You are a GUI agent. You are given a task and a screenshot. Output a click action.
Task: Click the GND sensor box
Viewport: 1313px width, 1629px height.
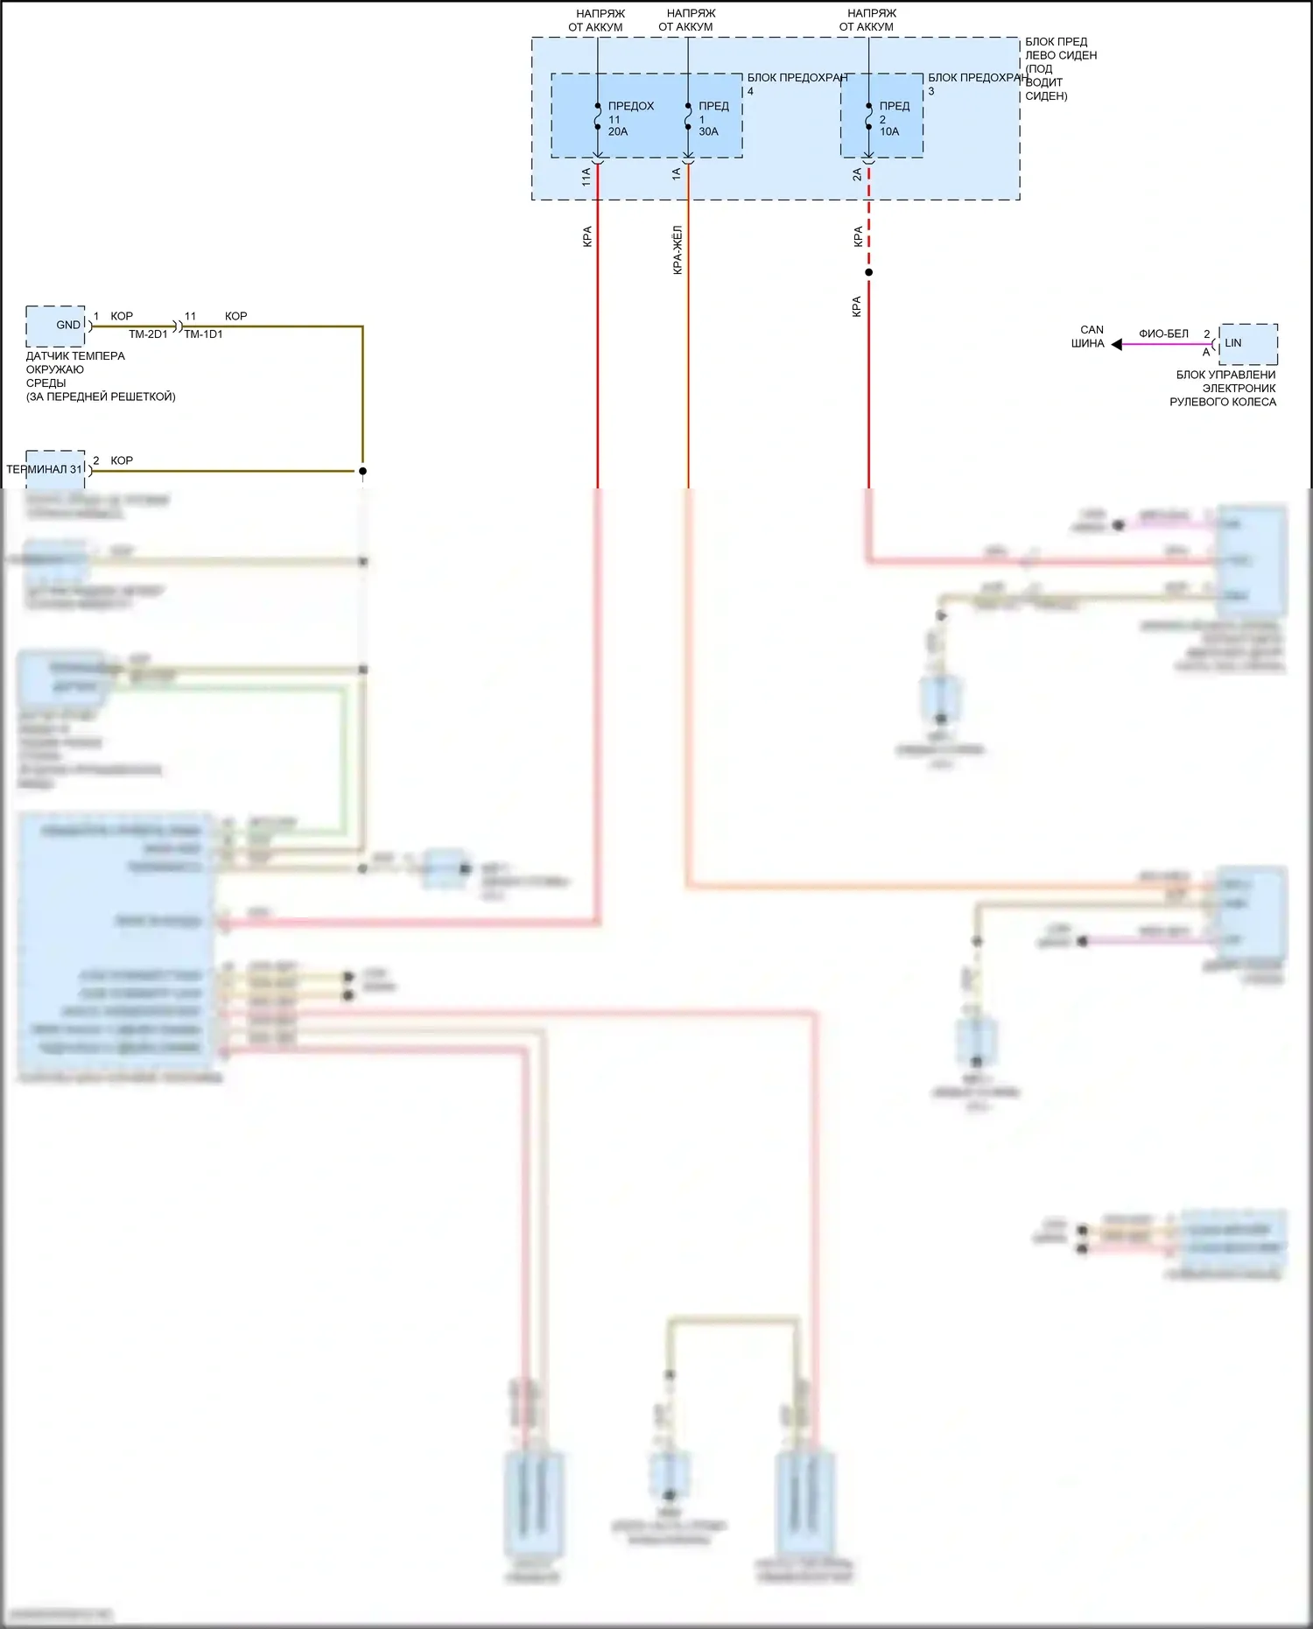(56, 326)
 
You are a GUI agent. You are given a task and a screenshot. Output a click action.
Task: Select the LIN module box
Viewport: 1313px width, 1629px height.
(1247, 343)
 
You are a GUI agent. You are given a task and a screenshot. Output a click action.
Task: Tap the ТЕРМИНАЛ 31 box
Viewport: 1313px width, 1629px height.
(55, 469)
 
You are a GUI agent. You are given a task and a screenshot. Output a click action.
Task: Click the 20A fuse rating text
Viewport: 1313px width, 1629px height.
(618, 132)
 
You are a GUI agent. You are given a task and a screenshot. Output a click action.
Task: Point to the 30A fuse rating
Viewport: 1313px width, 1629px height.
(708, 132)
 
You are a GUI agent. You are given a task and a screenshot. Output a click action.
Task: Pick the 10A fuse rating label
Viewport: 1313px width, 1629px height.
(889, 132)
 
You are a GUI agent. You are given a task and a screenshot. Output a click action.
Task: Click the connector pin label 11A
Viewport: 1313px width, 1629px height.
(586, 176)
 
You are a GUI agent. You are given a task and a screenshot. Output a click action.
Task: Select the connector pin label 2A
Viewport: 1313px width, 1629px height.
(857, 176)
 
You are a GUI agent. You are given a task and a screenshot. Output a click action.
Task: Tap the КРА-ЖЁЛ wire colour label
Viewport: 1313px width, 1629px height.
(677, 250)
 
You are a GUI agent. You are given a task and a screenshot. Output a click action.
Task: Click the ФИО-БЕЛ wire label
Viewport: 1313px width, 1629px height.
(1163, 334)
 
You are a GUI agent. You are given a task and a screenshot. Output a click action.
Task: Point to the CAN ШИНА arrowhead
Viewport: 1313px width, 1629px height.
(1117, 344)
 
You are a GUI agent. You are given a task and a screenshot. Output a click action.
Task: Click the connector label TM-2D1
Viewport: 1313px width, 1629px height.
(148, 334)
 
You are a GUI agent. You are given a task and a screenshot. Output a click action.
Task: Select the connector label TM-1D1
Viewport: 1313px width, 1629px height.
(203, 334)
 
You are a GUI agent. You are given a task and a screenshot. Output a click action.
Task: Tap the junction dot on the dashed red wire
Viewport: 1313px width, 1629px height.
(868, 272)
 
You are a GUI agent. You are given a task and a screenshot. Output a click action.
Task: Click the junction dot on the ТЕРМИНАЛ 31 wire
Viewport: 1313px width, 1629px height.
(362, 471)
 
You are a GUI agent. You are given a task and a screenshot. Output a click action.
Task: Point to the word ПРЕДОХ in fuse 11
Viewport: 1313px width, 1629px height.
(631, 106)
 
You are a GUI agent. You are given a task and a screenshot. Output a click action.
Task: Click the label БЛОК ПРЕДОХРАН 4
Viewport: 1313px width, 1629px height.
(797, 79)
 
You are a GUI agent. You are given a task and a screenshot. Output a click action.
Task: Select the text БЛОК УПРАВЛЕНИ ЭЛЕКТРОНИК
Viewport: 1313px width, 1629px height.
(1225, 382)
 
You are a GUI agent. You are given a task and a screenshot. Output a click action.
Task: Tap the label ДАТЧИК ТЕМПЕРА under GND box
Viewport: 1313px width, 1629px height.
(75, 356)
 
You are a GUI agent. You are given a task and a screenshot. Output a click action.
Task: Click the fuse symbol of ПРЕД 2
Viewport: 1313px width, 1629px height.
(868, 117)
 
